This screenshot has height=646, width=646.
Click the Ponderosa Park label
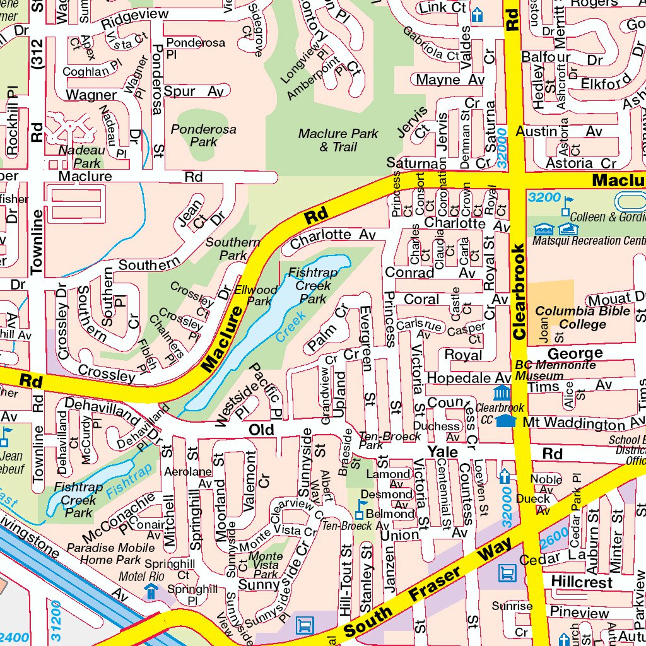point(203,136)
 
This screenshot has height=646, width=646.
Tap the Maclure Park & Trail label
point(338,140)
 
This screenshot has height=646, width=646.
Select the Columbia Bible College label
point(583,318)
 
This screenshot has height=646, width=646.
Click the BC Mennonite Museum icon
point(502,394)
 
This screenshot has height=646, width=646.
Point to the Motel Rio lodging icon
point(151,591)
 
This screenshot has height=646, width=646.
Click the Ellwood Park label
point(255,295)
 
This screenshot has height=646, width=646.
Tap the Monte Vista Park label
point(266,565)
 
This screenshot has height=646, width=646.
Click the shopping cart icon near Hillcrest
point(507,573)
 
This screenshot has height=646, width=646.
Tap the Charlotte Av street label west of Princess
point(332,235)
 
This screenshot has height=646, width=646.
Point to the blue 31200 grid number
point(56,618)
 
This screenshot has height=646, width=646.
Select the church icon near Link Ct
point(477,14)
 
